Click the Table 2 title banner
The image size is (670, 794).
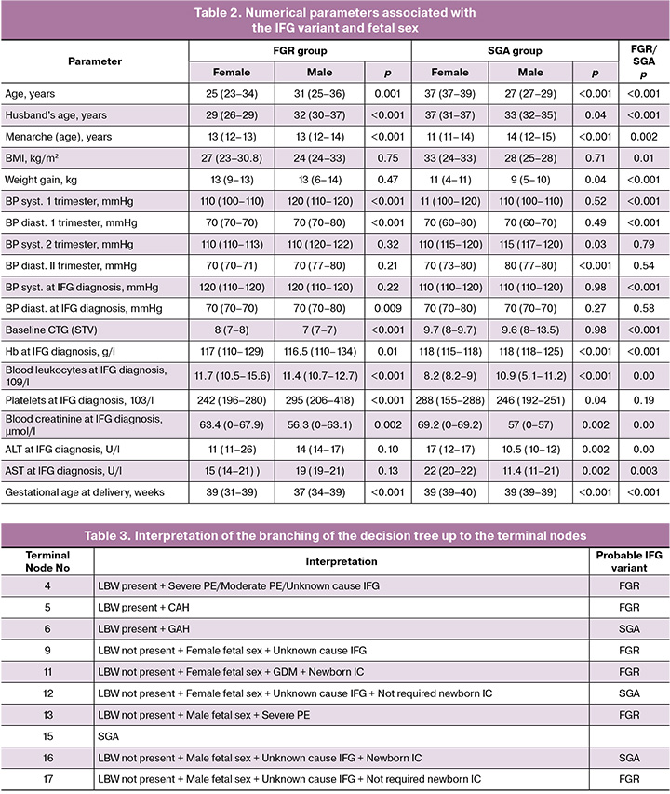[x=335, y=20]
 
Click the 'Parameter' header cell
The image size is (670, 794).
[x=96, y=61]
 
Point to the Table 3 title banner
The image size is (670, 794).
[x=335, y=535]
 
